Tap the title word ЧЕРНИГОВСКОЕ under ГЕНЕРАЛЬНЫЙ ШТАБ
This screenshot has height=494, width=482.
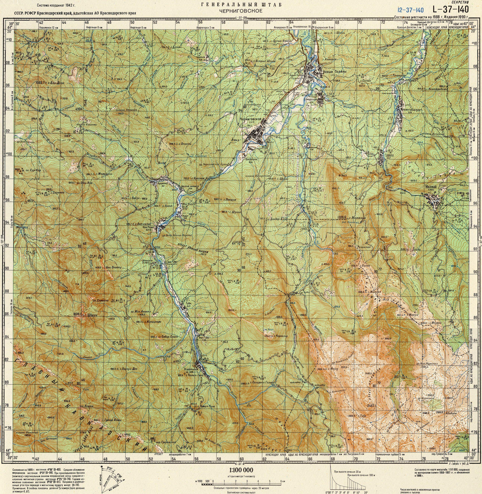pos(241,11)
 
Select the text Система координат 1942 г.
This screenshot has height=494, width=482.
pos(56,5)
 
